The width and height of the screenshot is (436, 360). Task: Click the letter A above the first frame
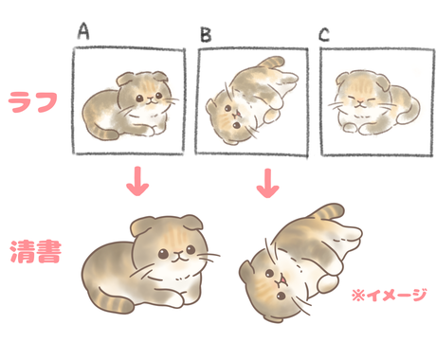point(84,30)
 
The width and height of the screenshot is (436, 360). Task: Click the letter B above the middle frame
point(205,36)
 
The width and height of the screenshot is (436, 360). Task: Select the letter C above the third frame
point(324,35)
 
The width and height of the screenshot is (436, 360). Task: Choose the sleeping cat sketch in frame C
point(372,101)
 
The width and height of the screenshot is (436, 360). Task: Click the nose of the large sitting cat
point(173,256)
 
